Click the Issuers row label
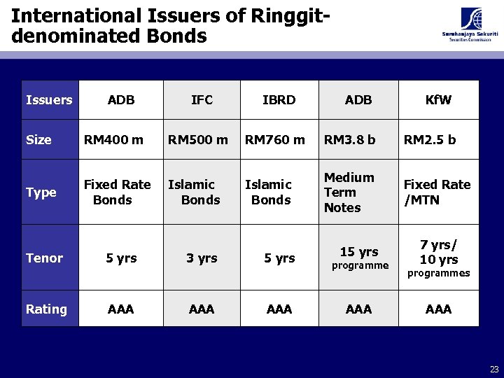tap(49, 100)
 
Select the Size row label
tap(38, 140)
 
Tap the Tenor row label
tap(44, 258)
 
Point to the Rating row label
tap(46, 309)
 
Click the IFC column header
tap(202, 100)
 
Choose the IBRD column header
tap(279, 100)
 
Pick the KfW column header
tap(438, 100)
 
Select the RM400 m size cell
tap(113, 140)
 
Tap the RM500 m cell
tap(197, 140)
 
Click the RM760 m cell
tap(274, 140)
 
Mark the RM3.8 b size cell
tap(349, 140)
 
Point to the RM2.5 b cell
tap(430, 140)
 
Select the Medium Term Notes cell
tap(349, 192)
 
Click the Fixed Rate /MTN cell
tap(437, 192)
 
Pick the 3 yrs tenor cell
tap(202, 258)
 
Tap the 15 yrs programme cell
tap(359, 257)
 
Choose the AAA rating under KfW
tap(438, 309)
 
